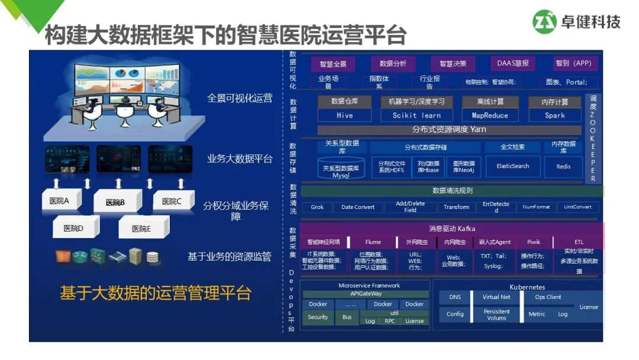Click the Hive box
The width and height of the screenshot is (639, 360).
[344, 115]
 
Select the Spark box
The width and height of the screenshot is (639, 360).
[554, 115]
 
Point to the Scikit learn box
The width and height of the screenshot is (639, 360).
[417, 115]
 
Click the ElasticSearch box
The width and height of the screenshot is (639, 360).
[512, 166]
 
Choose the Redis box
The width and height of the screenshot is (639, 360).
[563, 166]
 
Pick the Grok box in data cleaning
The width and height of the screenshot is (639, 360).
[317, 207]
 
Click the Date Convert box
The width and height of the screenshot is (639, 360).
[358, 207]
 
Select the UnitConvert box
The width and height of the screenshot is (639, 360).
[578, 207]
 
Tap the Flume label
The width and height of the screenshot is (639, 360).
[373, 242]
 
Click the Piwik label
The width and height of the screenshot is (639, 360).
[534, 242]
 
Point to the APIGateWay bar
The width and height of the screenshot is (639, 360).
[366, 294]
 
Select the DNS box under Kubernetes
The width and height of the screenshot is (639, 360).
[455, 297]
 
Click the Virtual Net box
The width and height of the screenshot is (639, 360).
[496, 297]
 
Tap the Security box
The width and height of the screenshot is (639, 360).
[318, 317]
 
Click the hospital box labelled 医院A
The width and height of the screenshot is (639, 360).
[60, 201]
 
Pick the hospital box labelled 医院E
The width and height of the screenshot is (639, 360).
[142, 229]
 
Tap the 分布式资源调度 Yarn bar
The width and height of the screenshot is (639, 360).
[449, 130]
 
